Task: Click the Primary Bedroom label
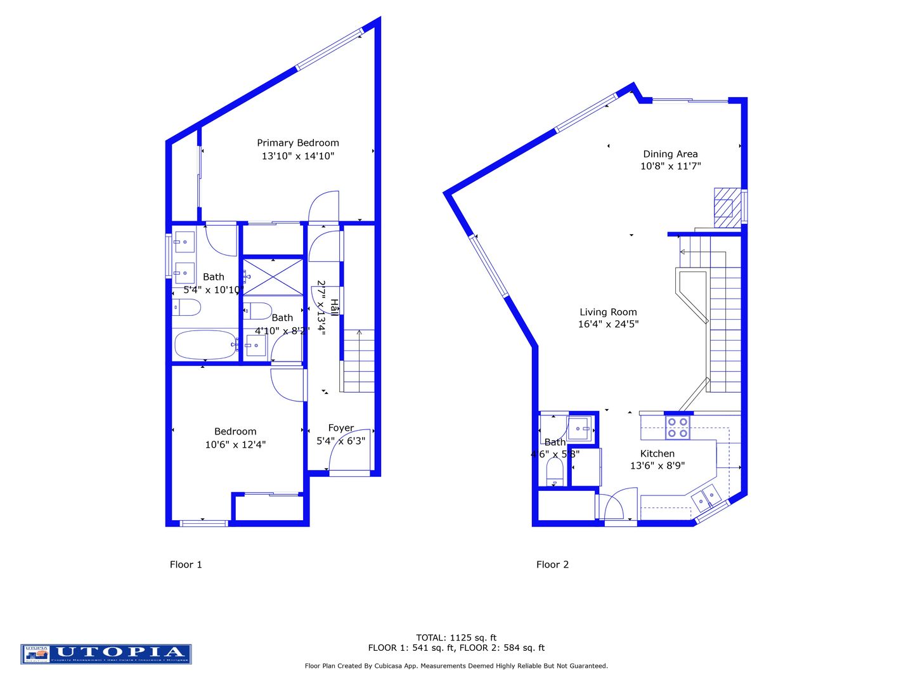click(x=297, y=143)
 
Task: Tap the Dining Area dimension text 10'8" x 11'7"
click(x=670, y=166)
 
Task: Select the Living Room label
click(x=607, y=312)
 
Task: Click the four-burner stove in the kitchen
click(x=677, y=427)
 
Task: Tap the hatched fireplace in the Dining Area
click(x=727, y=207)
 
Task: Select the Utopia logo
click(x=106, y=654)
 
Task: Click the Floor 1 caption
click(x=186, y=564)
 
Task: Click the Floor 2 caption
click(x=552, y=564)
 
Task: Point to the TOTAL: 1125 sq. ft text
click(x=456, y=637)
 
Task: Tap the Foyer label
click(x=340, y=428)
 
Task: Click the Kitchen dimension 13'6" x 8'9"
click(x=657, y=466)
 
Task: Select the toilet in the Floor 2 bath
click(x=555, y=471)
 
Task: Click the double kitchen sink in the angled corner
click(x=706, y=497)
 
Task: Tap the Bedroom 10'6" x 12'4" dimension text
click(x=235, y=445)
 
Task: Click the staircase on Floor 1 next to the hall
click(x=359, y=361)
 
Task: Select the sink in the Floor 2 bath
click(x=580, y=428)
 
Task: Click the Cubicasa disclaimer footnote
click(x=456, y=666)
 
